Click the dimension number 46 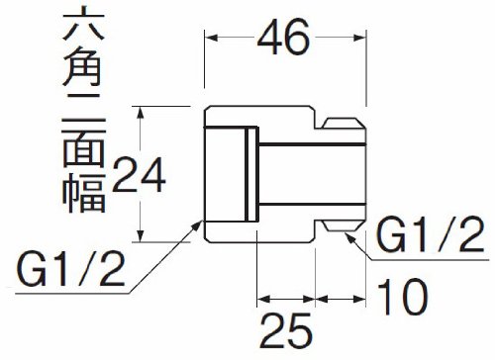[x=283, y=37]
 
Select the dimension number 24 [x=139, y=174]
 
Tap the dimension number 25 [x=286, y=331]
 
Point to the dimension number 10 [x=403, y=296]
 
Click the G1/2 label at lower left [x=71, y=269]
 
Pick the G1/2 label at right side [x=431, y=234]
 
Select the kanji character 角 [x=82, y=66]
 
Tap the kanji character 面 [x=84, y=145]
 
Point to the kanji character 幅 [x=84, y=193]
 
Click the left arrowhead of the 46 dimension [x=211, y=38]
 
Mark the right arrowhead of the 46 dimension [x=359, y=38]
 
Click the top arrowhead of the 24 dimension [x=141, y=112]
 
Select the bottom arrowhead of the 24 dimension [x=141, y=235]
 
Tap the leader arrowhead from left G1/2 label [x=197, y=225]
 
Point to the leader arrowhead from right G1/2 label [x=350, y=237]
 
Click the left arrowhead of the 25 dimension [x=263, y=300]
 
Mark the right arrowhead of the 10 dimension [x=359, y=300]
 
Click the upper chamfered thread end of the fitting [x=344, y=123]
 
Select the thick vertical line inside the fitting [x=247, y=175]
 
